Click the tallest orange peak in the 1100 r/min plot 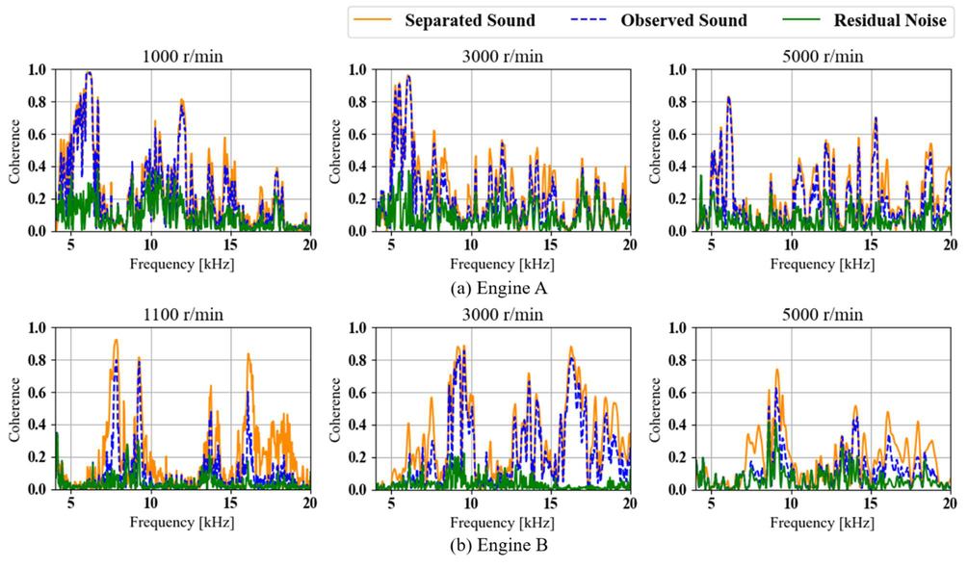pyautogui.click(x=116, y=340)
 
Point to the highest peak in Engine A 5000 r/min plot pyautogui.click(x=728, y=97)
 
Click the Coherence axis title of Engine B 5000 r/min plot pyautogui.click(x=655, y=408)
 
